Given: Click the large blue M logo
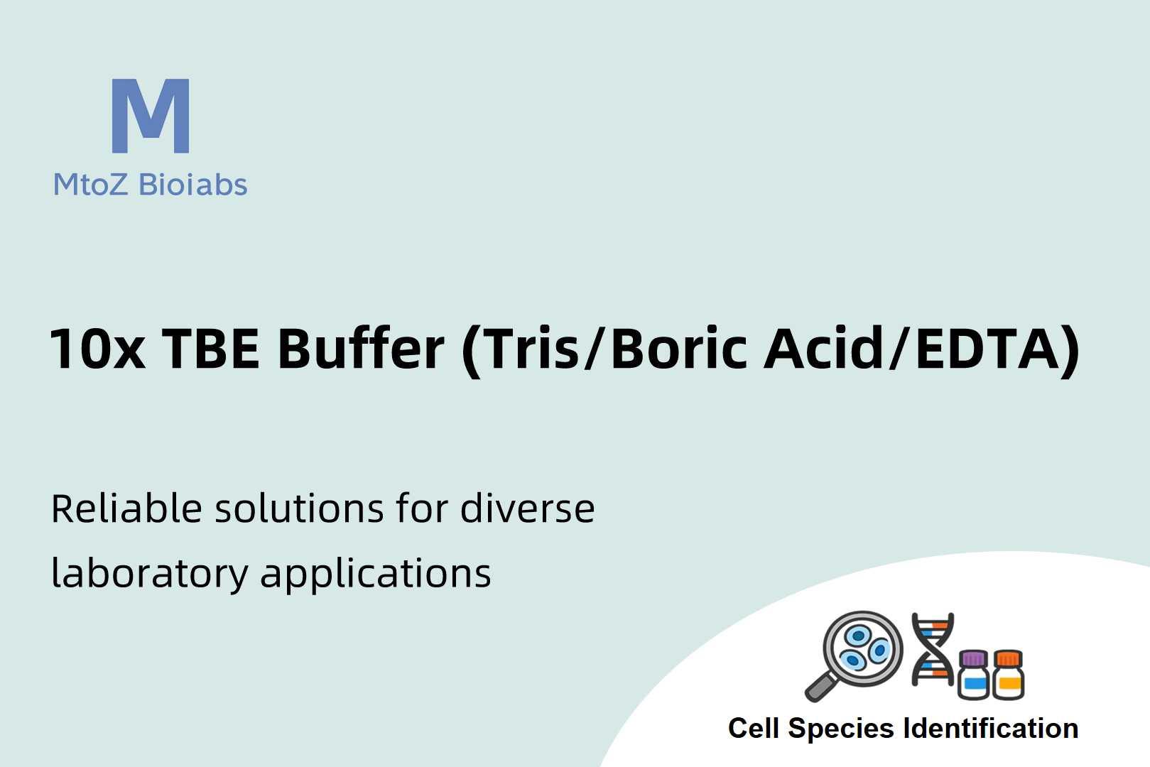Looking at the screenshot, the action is [151, 116].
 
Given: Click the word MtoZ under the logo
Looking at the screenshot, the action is [90, 185].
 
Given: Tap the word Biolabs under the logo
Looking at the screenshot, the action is [193, 184].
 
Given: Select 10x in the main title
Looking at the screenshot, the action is [97, 349].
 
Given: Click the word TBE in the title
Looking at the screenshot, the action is [210, 349].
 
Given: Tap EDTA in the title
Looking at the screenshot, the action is [986, 349].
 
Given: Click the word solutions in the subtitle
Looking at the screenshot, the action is [299, 508].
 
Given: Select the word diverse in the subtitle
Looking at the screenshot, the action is [527, 508].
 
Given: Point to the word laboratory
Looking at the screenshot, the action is [150, 573].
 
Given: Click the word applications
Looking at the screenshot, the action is [376, 573].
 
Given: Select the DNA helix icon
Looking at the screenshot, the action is [933, 649].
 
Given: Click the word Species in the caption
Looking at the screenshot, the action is [842, 729].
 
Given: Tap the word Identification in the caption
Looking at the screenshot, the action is [991, 729].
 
